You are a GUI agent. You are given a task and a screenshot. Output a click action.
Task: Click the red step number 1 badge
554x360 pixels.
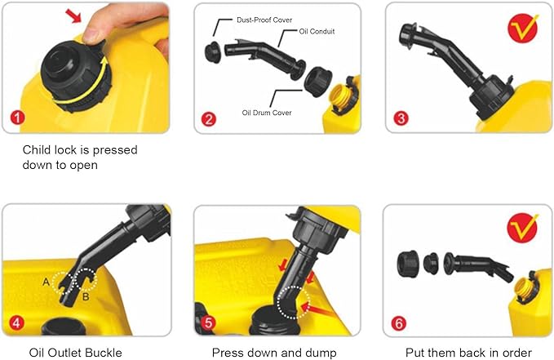(x=17, y=118)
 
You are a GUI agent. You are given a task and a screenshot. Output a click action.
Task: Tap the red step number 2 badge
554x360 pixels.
(x=209, y=119)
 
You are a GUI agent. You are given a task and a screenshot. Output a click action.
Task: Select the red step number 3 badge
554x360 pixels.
(x=401, y=118)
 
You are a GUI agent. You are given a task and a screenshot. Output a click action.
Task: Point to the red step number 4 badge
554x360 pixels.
(x=16, y=322)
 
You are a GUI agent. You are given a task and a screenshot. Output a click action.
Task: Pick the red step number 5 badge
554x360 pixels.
(x=208, y=322)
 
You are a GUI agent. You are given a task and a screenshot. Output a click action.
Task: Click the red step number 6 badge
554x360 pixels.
(x=399, y=323)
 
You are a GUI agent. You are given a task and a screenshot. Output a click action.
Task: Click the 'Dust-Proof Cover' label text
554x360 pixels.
(x=264, y=20)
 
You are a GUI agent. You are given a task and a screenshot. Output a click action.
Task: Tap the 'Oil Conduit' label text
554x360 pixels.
(x=317, y=31)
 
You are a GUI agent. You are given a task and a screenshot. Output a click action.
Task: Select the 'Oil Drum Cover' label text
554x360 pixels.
(x=267, y=113)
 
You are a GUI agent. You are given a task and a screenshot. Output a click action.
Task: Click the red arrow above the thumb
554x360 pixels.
(x=74, y=16)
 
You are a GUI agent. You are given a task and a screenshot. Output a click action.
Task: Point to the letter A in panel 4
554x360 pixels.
(x=46, y=282)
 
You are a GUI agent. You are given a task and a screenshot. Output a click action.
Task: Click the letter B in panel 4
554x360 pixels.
(x=86, y=296)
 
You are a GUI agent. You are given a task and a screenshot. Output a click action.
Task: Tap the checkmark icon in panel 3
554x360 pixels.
(x=523, y=28)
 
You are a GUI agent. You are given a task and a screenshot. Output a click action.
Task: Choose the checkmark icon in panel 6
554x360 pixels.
(x=522, y=228)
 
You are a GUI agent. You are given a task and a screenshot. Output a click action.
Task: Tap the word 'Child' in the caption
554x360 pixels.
(x=37, y=150)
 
